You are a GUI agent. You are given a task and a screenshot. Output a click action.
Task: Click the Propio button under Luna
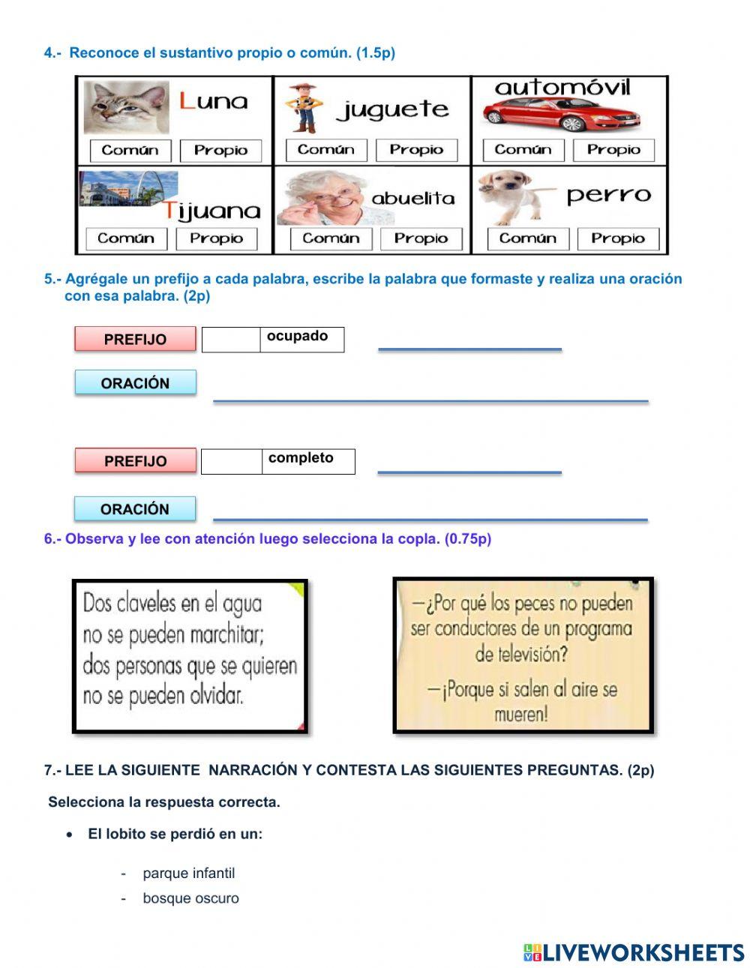tap(220, 151)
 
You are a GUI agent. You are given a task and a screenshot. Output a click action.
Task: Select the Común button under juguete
tap(325, 150)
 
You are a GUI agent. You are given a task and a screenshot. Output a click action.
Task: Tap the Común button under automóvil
tap(523, 150)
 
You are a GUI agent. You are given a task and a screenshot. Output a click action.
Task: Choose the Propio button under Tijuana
tap(216, 239)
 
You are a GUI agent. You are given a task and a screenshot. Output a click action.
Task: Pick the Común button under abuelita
tap(331, 239)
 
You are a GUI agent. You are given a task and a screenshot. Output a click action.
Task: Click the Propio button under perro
tap(617, 239)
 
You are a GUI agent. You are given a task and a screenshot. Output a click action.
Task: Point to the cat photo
tap(125, 107)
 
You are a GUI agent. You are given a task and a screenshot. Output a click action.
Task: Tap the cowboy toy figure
tap(304, 108)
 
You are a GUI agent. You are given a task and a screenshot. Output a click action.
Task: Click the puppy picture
tap(510, 196)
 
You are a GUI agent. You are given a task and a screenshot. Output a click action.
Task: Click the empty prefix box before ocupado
tap(231, 340)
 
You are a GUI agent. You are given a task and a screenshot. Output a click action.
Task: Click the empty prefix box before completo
tap(231, 462)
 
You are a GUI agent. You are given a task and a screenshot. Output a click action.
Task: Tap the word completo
tap(301, 458)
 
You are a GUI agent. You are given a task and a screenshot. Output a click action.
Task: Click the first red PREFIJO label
tap(135, 339)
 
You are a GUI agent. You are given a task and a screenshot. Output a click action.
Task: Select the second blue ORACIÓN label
tap(135, 509)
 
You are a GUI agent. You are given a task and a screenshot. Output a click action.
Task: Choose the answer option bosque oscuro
tap(190, 898)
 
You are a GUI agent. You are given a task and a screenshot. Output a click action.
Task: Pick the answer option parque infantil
tap(188, 874)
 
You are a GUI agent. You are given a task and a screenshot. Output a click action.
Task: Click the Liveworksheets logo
tap(634, 952)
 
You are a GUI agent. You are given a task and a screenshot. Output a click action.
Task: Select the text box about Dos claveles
tap(190, 656)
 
